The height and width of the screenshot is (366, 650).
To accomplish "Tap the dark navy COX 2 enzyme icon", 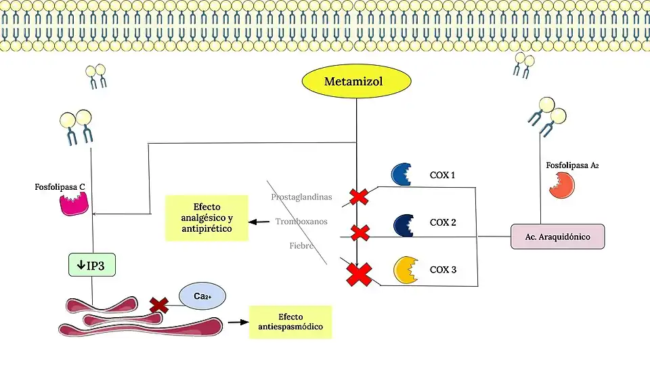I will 404,223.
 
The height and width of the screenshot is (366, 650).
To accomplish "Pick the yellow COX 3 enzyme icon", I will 405,270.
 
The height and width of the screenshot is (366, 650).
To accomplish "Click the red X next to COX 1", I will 359,197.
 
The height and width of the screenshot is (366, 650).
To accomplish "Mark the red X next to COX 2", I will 360,233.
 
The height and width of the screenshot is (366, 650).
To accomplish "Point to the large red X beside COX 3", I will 359,274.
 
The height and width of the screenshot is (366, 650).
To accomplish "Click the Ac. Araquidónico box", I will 557,237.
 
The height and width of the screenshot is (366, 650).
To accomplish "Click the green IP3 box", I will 92,265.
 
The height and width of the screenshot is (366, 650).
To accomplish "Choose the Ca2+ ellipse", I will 202,296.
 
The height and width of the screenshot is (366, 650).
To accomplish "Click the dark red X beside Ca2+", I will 159,304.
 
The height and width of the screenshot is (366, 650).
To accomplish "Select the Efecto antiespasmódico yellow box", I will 290,322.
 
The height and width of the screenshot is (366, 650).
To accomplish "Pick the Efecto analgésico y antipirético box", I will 207,218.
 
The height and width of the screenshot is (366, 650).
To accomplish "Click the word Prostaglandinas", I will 301,197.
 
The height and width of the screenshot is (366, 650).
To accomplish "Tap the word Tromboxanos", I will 301,222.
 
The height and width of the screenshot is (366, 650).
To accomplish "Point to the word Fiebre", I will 301,245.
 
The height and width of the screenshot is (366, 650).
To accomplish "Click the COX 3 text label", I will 443,270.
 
